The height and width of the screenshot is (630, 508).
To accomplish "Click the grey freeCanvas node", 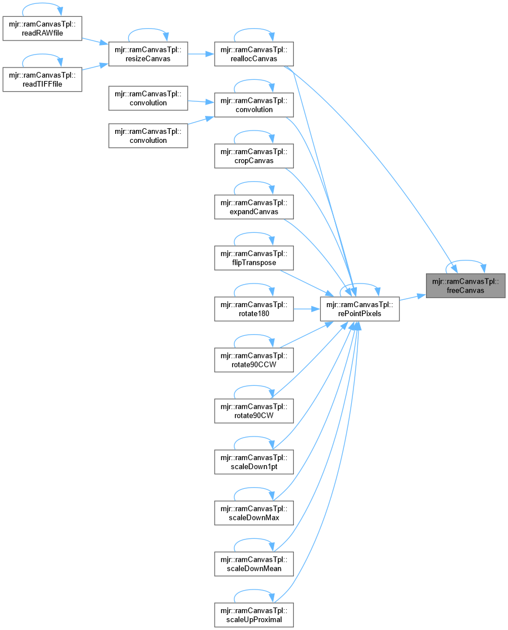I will (x=466, y=286).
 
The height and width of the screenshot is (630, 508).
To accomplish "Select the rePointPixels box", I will (x=360, y=309).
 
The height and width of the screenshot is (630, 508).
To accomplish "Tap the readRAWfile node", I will (x=42, y=28).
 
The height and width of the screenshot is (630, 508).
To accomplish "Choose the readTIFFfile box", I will (x=42, y=79).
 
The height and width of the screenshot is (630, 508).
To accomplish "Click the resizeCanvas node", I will (x=148, y=54).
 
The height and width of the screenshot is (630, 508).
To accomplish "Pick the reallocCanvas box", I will (x=254, y=54).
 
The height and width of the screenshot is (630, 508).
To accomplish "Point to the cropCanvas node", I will (x=254, y=156).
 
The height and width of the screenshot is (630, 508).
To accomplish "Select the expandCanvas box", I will (x=254, y=207).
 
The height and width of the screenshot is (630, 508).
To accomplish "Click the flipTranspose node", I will (x=254, y=258).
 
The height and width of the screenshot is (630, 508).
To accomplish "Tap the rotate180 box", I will (x=254, y=309).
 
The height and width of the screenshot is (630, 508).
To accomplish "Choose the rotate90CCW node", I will (x=254, y=360).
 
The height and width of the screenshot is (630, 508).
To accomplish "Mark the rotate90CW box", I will (x=254, y=411).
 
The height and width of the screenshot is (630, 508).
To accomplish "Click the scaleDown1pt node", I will (x=254, y=462).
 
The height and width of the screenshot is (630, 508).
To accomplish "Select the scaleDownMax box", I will (x=254, y=513).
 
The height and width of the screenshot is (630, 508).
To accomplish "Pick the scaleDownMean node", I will (x=254, y=564).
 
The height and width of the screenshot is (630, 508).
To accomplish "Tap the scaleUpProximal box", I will (x=254, y=615).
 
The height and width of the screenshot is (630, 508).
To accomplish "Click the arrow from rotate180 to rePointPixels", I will (x=306, y=309).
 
